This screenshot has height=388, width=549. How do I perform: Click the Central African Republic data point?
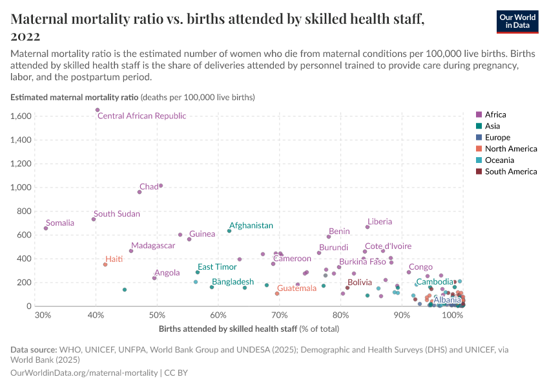(98, 110)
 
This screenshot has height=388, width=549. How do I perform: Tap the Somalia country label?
(60, 223)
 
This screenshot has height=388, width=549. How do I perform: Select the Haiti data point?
(105, 264)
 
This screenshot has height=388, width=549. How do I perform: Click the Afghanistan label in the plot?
(251, 226)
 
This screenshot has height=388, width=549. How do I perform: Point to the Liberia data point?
(368, 227)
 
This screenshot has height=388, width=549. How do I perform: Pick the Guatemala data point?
(277, 294)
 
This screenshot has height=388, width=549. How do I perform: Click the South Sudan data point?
(94, 219)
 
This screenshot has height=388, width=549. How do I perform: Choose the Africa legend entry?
(496, 115)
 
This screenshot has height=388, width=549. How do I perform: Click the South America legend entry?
(510, 171)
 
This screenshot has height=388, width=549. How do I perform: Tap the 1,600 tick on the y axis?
(22, 116)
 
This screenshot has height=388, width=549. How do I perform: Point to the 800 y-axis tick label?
(26, 211)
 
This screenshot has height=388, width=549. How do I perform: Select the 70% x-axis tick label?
(279, 316)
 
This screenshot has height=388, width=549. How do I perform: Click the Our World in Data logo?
(517, 21)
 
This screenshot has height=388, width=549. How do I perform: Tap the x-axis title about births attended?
(249, 329)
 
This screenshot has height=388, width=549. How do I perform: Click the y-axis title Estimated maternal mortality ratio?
(75, 98)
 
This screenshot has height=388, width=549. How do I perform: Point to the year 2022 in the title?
(25, 36)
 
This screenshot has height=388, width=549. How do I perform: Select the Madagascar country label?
(153, 246)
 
